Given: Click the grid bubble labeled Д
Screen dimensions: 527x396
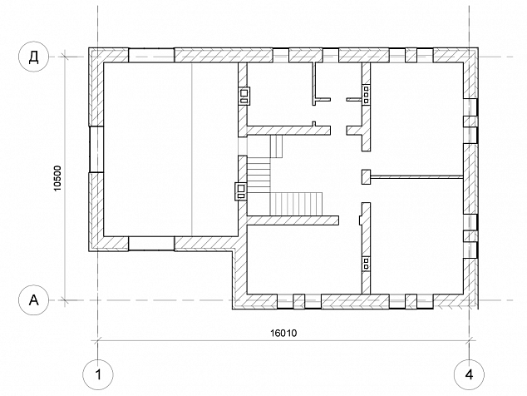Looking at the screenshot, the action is [x=33, y=57].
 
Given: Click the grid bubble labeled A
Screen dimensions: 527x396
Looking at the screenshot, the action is [x=33, y=299].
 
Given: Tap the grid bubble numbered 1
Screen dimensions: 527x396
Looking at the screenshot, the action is [x=98, y=374].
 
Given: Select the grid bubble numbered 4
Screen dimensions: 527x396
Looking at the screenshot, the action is [x=469, y=374].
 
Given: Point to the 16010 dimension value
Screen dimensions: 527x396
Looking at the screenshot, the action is [x=283, y=333].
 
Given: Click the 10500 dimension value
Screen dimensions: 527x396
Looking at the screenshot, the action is [x=58, y=178].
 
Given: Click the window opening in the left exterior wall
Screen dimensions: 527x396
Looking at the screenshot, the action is [x=96, y=150].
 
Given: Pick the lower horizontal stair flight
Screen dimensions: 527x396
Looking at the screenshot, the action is [x=296, y=203].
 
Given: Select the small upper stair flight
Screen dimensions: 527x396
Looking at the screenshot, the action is [x=276, y=146].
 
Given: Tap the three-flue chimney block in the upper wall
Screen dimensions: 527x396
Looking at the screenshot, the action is [x=366, y=95].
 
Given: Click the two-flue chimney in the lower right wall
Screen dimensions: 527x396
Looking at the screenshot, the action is [x=366, y=264].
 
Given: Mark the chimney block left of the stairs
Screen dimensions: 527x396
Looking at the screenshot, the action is [x=241, y=191].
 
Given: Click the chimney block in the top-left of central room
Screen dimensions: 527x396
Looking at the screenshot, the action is [x=244, y=96].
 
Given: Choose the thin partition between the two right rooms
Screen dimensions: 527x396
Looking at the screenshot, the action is [x=416, y=176].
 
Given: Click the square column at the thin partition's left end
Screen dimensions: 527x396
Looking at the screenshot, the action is [x=366, y=176].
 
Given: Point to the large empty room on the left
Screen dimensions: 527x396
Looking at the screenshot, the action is [x=170, y=149].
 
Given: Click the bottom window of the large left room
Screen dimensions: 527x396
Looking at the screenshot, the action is [x=151, y=243].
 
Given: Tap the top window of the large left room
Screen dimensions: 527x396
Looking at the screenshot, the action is [x=151, y=55].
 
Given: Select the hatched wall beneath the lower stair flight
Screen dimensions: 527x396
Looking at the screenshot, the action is [x=293, y=220].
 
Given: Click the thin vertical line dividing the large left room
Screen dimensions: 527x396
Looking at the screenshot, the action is [x=191, y=149].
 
